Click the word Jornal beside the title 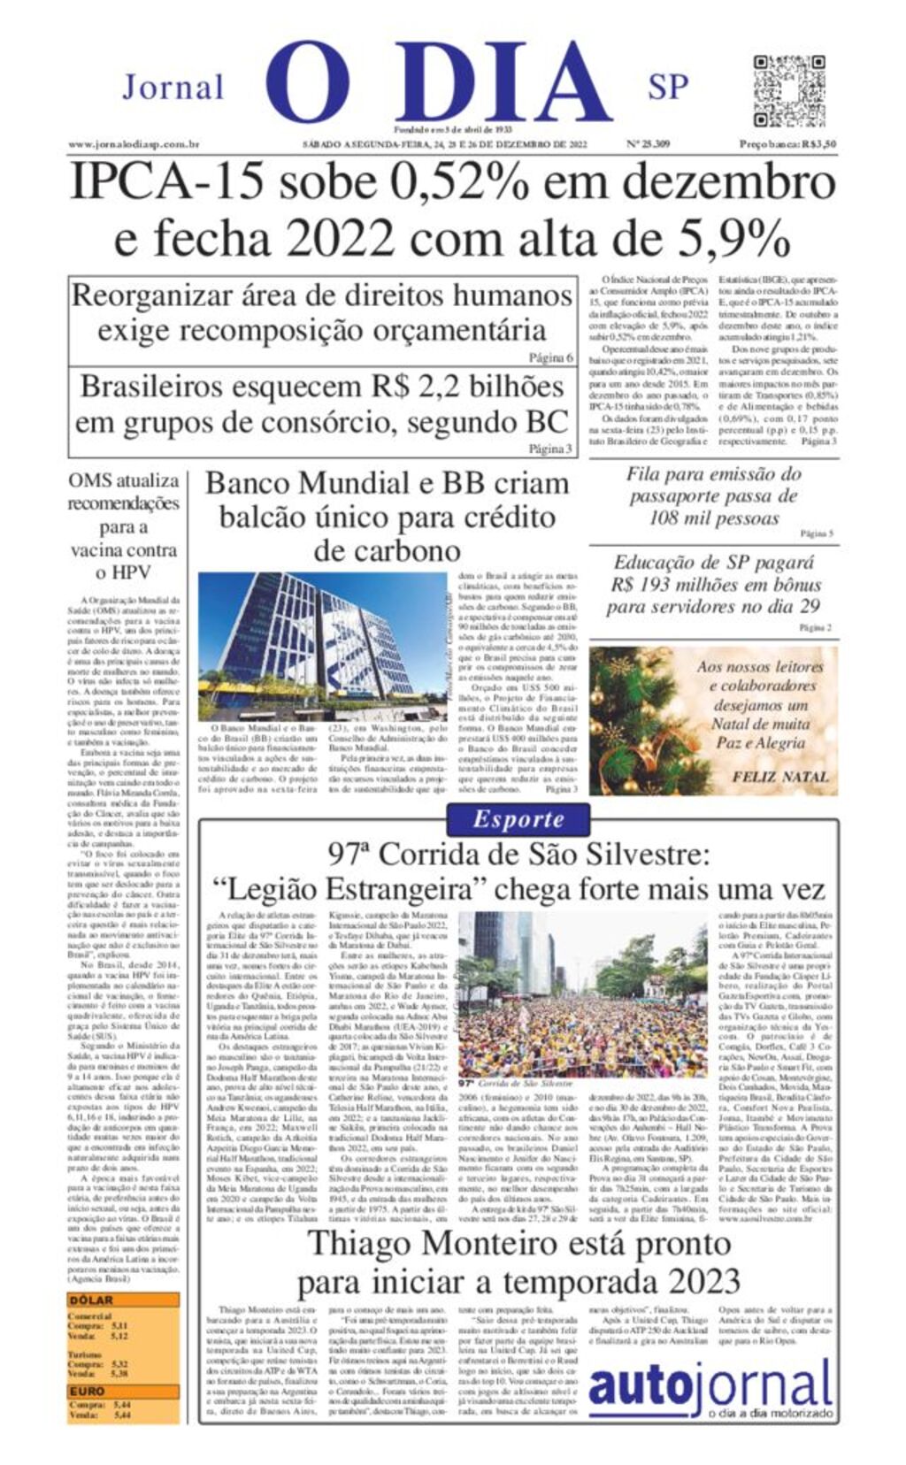pyautogui.click(x=173, y=88)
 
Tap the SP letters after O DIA pyautogui.click(x=668, y=88)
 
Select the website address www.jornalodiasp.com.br pyautogui.click(x=133, y=144)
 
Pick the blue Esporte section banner pyautogui.click(x=518, y=819)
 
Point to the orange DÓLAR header pyautogui.click(x=92, y=1300)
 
